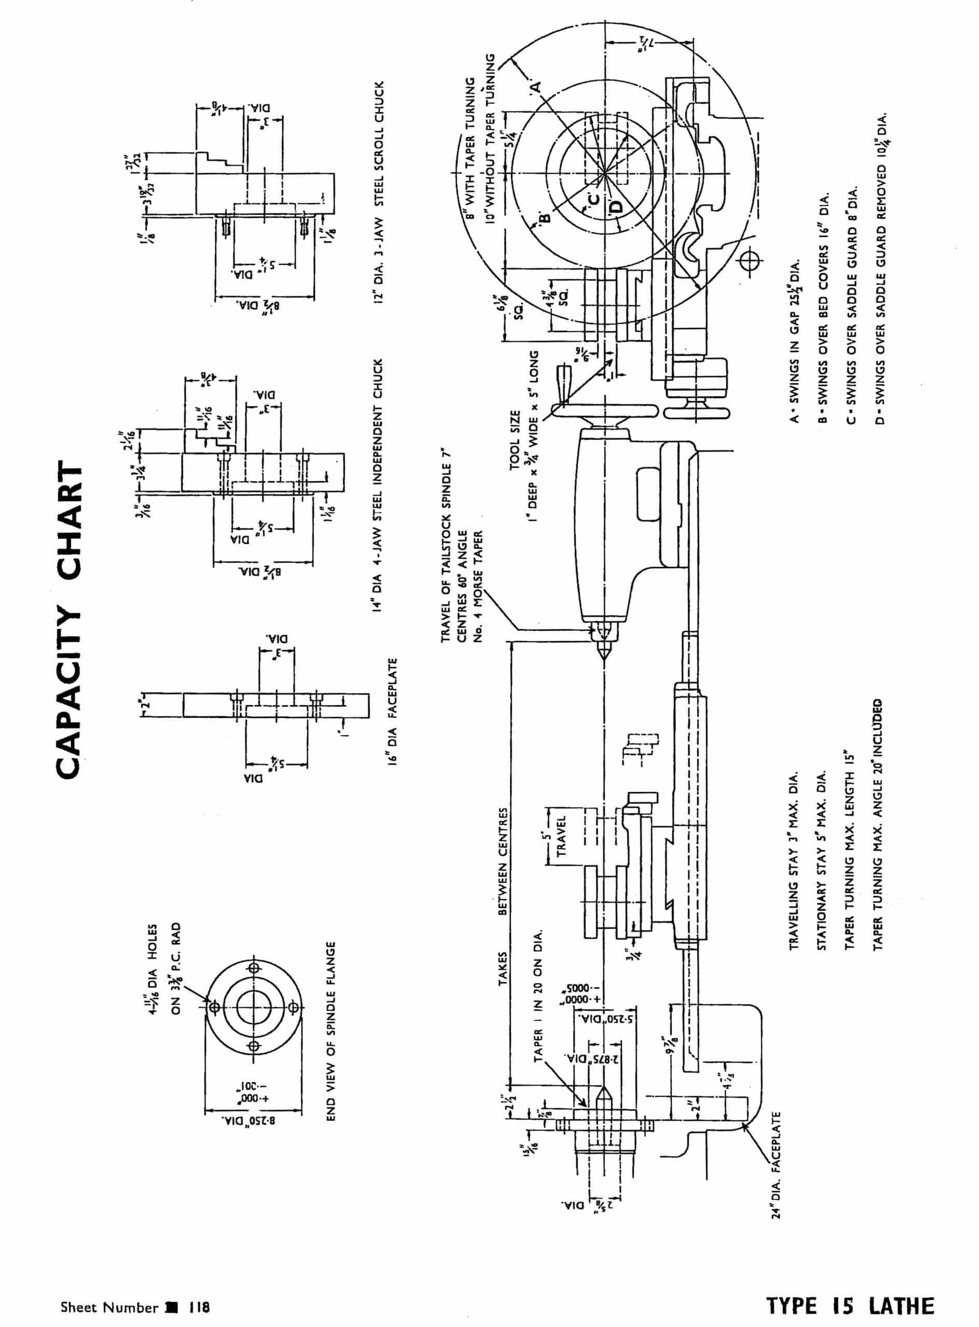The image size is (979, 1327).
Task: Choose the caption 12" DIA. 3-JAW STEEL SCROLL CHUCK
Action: point(379,191)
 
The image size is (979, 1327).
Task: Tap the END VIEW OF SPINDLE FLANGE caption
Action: point(331,1031)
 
